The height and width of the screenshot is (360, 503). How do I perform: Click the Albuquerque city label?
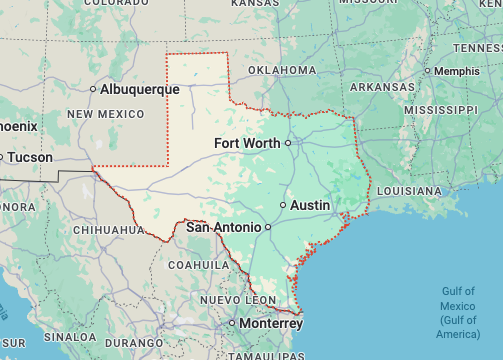(140, 89)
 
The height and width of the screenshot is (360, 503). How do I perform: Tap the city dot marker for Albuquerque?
(93, 89)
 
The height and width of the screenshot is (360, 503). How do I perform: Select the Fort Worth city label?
(247, 143)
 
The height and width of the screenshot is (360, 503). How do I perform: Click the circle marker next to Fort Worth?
(287, 143)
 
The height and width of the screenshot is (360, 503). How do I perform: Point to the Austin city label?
(310, 205)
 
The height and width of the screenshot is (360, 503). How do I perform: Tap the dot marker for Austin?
(283, 205)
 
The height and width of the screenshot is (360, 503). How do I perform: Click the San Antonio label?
(224, 227)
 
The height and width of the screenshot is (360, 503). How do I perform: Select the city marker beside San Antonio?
(268, 227)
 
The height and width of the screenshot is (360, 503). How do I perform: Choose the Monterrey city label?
(271, 324)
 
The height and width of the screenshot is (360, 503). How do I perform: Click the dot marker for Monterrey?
(232, 324)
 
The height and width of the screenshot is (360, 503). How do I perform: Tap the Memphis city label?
(464, 71)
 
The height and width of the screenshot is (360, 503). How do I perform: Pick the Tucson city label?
(31, 157)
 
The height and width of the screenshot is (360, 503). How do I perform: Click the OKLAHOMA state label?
(282, 71)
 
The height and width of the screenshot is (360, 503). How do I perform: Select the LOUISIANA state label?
(410, 190)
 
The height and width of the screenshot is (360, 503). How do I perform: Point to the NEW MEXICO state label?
(107, 115)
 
